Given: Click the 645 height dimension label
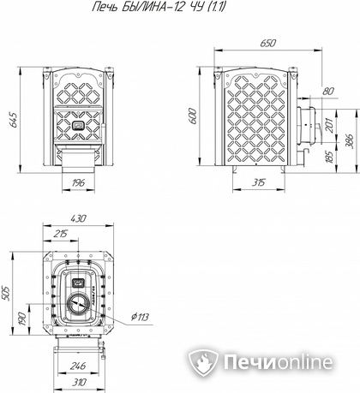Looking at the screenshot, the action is pos(14,119).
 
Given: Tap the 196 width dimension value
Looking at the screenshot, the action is pos(78,182).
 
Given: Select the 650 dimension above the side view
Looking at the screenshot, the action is pos(268,44).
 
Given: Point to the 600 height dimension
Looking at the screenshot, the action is pos(194,116).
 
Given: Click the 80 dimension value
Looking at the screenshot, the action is pos(328,92).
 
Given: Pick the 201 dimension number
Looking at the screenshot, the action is pos(329,125).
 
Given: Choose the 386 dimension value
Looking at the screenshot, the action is pos(350,140).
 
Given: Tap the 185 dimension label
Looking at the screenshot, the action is pos(329,157).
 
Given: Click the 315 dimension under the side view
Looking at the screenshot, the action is pos(259,182).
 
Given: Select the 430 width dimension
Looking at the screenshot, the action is pos(78,218).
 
